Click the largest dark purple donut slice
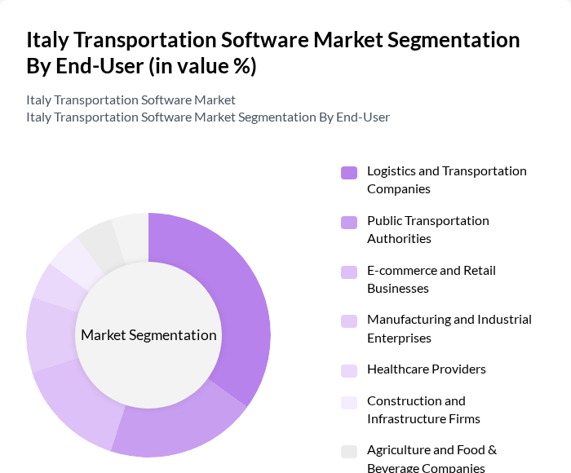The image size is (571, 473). (x=245, y=302)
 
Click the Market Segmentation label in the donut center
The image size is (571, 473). (x=148, y=335)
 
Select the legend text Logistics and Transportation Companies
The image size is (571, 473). (x=446, y=179)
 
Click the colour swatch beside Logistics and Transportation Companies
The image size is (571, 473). (x=349, y=172)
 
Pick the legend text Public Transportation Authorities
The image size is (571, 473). (x=427, y=229)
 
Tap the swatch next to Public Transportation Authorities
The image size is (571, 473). (x=349, y=222)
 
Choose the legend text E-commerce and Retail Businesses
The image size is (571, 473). (x=431, y=279)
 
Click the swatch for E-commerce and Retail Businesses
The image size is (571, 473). (x=349, y=272)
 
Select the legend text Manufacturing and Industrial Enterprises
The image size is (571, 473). (x=449, y=328)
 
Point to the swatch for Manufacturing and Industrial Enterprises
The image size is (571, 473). (x=349, y=320)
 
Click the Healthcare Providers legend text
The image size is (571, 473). (x=426, y=369)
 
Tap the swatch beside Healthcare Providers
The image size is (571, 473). (x=349, y=370)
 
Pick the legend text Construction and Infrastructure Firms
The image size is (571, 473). (x=423, y=409)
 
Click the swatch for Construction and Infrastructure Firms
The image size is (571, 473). (x=349, y=402)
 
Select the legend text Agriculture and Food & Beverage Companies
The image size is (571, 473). (x=432, y=458)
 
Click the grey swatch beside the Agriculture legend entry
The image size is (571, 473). (x=349, y=451)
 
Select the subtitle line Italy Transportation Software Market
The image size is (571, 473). (x=131, y=99)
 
